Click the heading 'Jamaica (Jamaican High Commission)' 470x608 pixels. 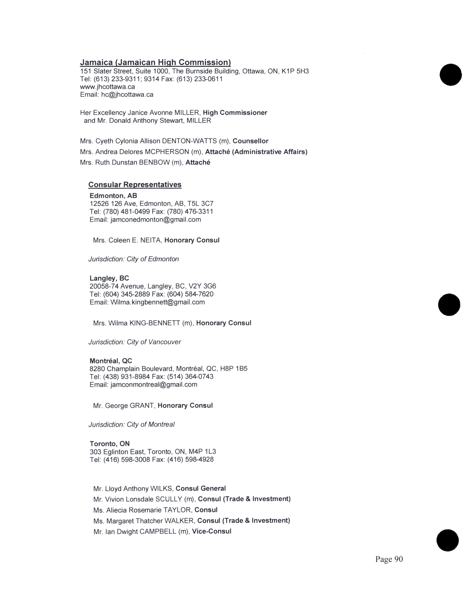(155, 62)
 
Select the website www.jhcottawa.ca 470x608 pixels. (107, 87)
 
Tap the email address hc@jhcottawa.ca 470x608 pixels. (127, 95)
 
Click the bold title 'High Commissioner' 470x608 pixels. (235, 113)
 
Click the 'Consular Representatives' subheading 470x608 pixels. (135, 185)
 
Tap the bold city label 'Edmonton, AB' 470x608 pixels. (113, 196)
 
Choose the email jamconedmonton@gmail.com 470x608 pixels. (156, 220)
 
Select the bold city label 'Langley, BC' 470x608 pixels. (109, 278)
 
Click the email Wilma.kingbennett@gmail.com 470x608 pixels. (158, 302)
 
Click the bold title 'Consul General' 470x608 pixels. (201, 489)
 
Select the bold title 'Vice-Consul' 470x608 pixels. (212, 531)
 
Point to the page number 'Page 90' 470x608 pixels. (389, 559)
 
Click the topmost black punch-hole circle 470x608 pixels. (450, 75)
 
